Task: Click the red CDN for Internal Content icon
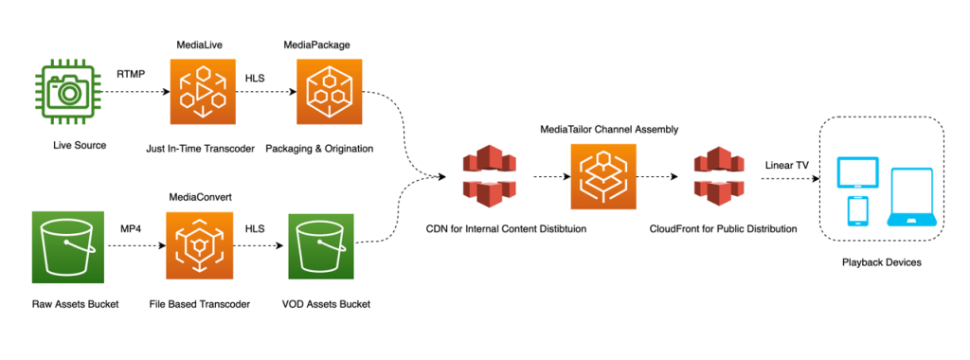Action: [x=490, y=177]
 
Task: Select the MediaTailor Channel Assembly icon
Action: [x=603, y=177]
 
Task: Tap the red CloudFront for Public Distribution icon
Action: [x=716, y=177]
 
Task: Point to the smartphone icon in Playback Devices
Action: [x=857, y=209]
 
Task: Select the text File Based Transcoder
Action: [x=199, y=303]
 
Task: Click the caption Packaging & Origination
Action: [x=319, y=148]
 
